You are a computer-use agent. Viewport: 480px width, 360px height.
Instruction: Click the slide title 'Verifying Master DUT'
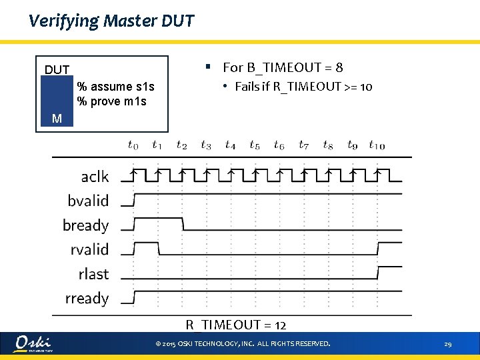[111, 21]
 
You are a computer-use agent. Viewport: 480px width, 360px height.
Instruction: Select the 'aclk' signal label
[95, 176]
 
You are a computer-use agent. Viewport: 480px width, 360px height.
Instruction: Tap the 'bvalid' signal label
[88, 201]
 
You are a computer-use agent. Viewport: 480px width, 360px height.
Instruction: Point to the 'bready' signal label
[85, 225]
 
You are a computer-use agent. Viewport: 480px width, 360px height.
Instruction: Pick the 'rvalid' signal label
[89, 250]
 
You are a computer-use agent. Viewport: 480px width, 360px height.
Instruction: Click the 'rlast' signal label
[93, 274]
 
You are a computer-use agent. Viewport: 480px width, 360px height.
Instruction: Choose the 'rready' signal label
[87, 299]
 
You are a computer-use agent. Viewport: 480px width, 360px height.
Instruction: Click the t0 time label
[133, 145]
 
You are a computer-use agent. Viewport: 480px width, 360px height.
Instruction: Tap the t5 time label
[255, 145]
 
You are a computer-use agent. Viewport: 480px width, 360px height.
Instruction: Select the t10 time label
[377, 145]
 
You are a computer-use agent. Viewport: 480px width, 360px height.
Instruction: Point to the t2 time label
[181, 145]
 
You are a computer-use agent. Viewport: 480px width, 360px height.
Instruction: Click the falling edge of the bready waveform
[183, 224]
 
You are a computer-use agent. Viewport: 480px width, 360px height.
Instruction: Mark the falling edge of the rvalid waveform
[159, 249]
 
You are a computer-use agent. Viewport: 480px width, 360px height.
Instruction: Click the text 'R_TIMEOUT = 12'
[236, 325]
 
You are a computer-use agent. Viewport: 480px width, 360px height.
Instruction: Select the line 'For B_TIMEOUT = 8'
[283, 67]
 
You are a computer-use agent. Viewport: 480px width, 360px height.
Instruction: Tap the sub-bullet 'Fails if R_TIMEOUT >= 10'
[303, 87]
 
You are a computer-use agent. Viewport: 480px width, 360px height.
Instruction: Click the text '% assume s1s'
[115, 87]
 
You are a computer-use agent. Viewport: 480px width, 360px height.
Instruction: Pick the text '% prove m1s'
[112, 101]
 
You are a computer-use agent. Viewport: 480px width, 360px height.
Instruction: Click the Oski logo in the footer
[33, 343]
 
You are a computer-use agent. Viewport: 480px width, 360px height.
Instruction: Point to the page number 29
[448, 344]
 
